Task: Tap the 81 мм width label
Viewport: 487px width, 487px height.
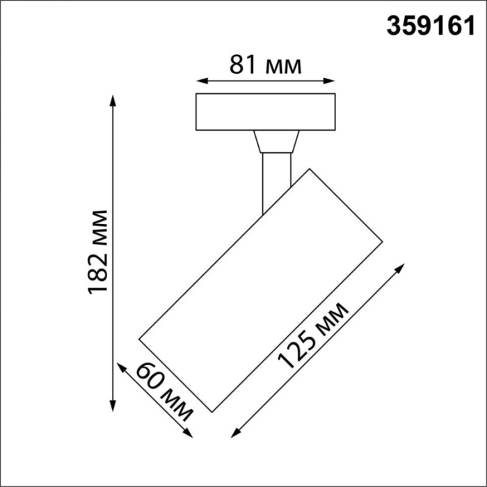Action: [265, 65]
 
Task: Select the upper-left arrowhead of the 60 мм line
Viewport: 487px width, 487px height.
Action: [120, 367]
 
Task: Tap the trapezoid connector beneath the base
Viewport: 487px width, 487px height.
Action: [276, 142]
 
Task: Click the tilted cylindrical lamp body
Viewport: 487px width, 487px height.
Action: [261, 289]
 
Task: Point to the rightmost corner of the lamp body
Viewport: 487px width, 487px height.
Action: [383, 242]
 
